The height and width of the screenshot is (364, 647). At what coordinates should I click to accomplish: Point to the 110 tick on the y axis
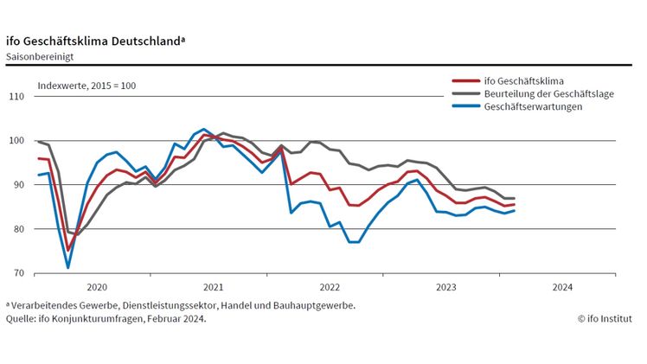16,96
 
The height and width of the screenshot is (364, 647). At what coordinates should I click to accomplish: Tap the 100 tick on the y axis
16,140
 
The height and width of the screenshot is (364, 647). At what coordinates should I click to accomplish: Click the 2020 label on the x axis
97,287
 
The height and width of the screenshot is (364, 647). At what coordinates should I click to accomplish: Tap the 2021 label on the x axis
213,287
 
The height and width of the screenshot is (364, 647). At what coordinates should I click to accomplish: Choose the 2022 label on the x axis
330,287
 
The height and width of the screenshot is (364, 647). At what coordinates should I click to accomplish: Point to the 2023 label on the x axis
445,287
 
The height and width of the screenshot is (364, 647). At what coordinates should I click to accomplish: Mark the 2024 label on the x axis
561,287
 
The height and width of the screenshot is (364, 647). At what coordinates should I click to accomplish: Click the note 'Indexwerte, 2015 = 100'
86,86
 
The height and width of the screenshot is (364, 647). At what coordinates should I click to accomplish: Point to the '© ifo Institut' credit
609,318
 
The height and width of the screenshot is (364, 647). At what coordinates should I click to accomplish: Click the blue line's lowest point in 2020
68,267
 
